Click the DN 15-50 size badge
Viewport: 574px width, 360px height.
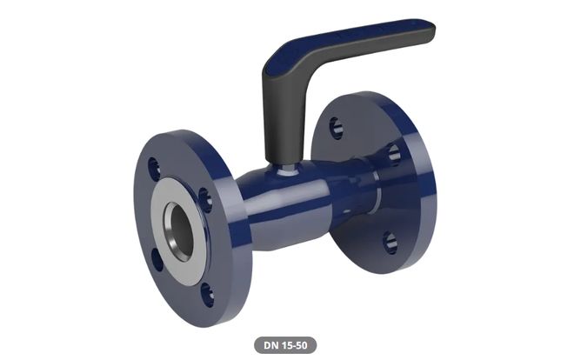tap(286, 345)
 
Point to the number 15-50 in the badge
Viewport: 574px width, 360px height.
tap(294, 345)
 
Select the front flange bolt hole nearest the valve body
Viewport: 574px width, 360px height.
tap(205, 199)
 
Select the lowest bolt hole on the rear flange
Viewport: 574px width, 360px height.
tap(390, 243)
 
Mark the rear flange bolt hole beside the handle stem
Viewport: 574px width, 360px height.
tap(394, 155)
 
